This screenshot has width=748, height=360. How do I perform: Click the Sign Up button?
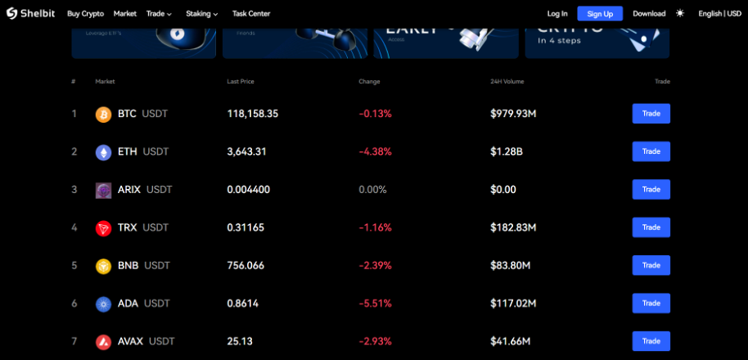pyautogui.click(x=600, y=13)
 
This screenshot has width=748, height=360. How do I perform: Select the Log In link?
pyautogui.click(x=557, y=13)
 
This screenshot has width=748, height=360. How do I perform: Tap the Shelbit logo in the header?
pyautogui.click(x=31, y=13)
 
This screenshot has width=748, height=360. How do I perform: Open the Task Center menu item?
pyautogui.click(x=250, y=13)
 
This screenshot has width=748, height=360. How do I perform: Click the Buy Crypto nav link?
pyautogui.click(x=85, y=13)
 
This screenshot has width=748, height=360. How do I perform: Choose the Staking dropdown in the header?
pyautogui.click(x=202, y=13)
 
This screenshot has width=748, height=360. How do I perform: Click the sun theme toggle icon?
pyautogui.click(x=680, y=13)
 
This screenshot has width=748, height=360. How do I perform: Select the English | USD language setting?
pyautogui.click(x=719, y=13)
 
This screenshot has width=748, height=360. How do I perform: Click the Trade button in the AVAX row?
pyautogui.click(x=651, y=341)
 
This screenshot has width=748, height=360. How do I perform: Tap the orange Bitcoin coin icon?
pyautogui.click(x=103, y=114)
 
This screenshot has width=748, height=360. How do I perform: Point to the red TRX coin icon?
pyautogui.click(x=103, y=227)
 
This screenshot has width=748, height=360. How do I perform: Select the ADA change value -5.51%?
pyautogui.click(x=376, y=304)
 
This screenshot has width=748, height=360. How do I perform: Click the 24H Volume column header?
pyautogui.click(x=507, y=82)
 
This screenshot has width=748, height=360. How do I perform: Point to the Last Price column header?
pyautogui.click(x=241, y=82)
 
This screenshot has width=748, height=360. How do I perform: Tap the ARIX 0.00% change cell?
pyautogui.click(x=372, y=190)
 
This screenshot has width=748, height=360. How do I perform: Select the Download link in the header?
pyautogui.click(x=649, y=13)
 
